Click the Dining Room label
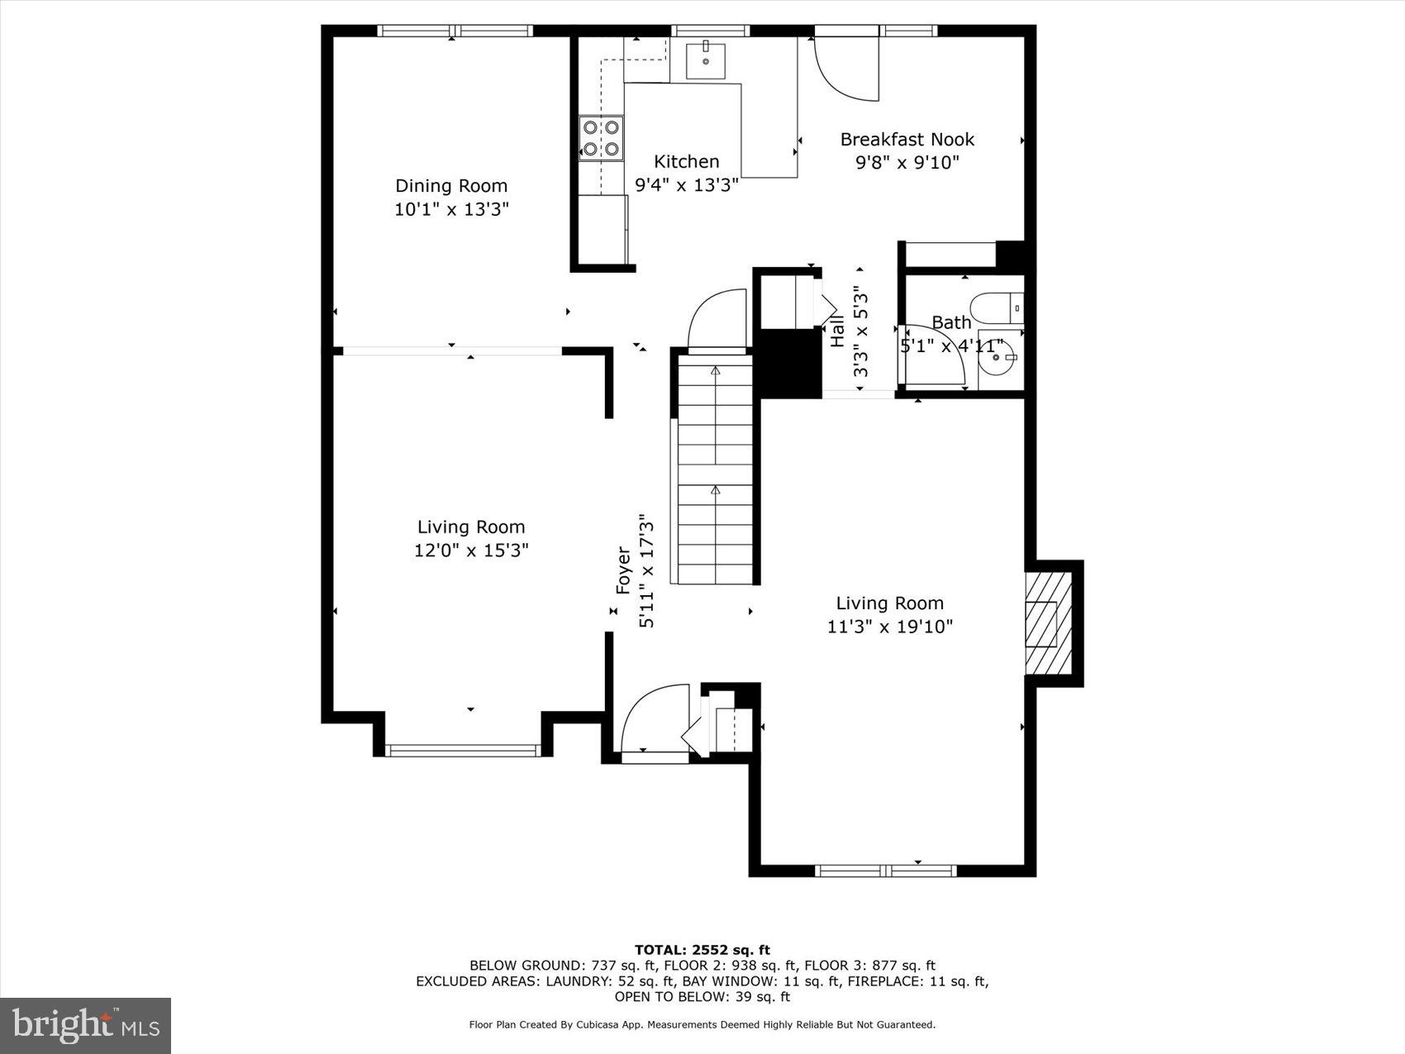point(450,186)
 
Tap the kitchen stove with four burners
point(601,138)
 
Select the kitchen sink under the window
point(706,60)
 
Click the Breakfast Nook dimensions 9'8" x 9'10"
point(907,162)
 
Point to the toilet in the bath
point(997,308)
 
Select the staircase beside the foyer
point(715,469)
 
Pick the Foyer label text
point(624,570)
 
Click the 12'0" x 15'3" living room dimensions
point(471,551)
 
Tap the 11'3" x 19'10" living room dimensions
point(889,627)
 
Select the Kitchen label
point(686,161)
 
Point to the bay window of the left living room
point(464,750)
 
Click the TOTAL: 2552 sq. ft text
point(702,950)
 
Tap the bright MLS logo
point(86,1026)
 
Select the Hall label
point(837,330)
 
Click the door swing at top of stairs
point(717,321)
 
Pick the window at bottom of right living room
point(885,870)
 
